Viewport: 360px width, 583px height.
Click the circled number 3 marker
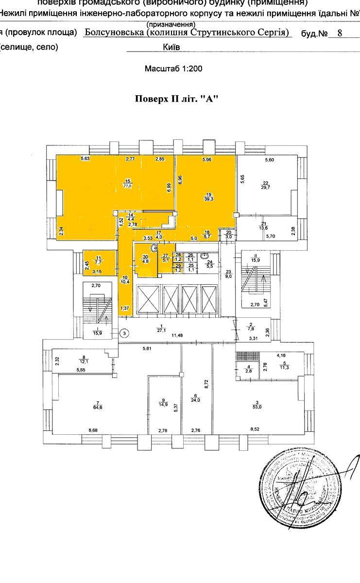124,333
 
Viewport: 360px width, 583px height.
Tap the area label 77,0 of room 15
128,186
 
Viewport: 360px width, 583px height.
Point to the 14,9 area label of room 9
163,404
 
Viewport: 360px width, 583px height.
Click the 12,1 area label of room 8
84,362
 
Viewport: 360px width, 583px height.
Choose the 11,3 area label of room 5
283,368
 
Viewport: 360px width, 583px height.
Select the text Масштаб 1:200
173,69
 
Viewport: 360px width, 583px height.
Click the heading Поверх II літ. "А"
176,99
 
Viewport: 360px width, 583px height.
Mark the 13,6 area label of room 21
263,227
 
